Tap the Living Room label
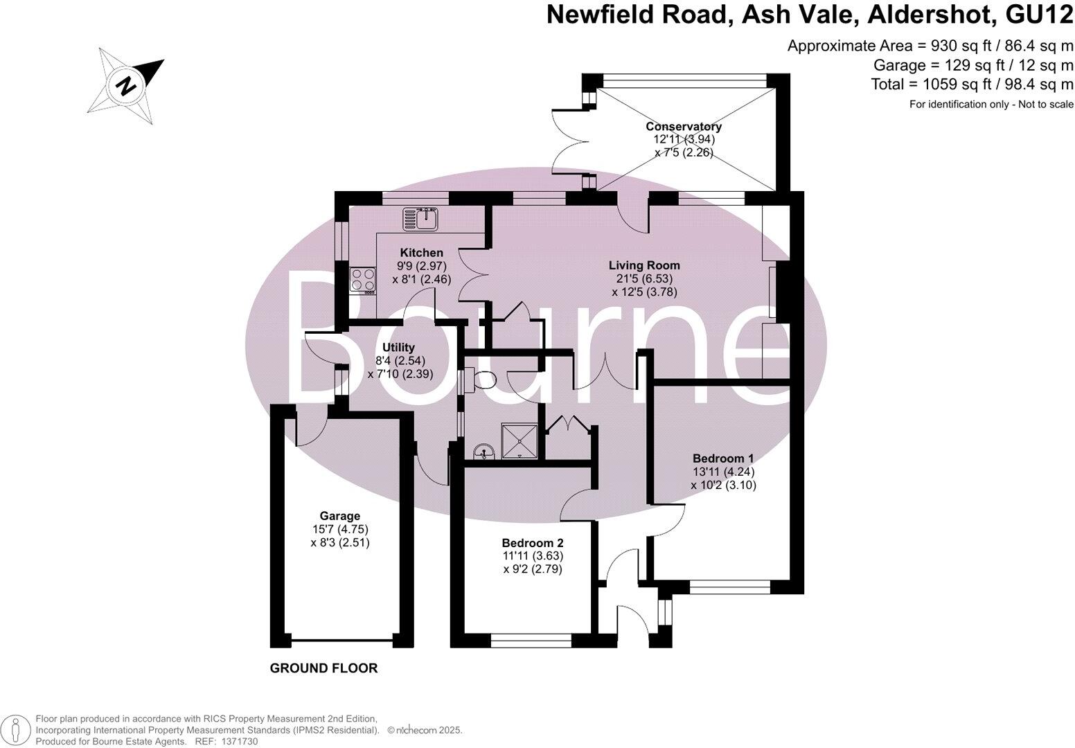(x=644, y=265)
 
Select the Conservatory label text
(x=684, y=127)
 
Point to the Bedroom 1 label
(x=723, y=458)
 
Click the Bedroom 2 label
(x=533, y=543)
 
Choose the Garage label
(x=340, y=516)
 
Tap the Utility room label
(x=399, y=348)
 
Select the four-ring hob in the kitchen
(x=363, y=280)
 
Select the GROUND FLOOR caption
(x=323, y=668)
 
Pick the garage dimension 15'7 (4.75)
(x=340, y=530)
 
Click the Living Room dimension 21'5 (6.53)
(x=644, y=279)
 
